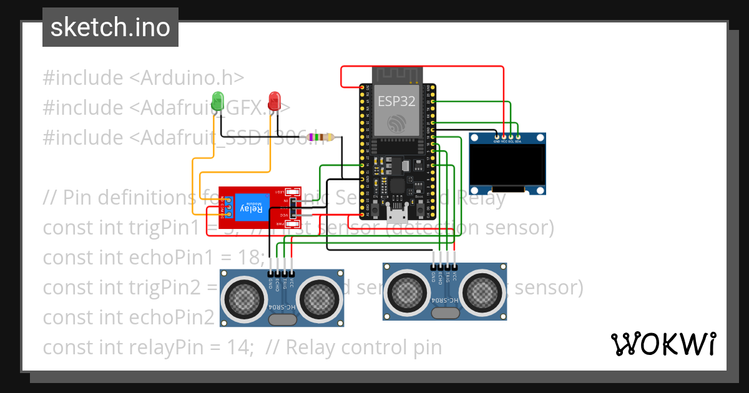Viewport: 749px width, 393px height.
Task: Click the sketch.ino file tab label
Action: tap(110, 27)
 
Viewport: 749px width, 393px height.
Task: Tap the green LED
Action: tap(217, 101)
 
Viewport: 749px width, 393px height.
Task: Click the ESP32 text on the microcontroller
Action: tap(396, 101)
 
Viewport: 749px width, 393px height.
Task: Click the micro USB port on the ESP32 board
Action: tap(396, 216)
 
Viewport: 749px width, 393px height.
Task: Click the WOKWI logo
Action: tap(663, 344)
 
